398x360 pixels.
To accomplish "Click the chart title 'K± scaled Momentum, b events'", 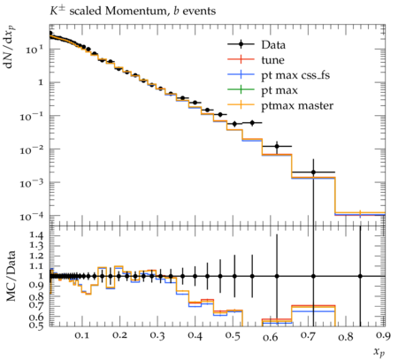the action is tap(133, 11).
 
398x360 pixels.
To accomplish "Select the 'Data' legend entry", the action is tap(273, 45).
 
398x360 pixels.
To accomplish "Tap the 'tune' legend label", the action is tap(272, 60).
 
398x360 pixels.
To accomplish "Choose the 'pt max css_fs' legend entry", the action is tap(295, 75).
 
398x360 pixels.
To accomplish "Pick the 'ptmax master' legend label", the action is tap(297, 106).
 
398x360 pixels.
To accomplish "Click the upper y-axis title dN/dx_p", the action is tap(10, 47).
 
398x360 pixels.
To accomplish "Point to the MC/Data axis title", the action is tap(11, 276).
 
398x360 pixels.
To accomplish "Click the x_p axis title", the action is tap(379, 351).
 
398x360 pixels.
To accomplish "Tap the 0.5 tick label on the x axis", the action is tap(233, 335).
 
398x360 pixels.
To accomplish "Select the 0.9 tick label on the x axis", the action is tap(383, 335).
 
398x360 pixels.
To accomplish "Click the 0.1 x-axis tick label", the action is tap(81, 335).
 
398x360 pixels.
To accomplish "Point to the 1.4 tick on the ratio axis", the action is tap(36, 235).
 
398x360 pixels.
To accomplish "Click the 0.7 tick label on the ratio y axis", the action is tap(36, 306).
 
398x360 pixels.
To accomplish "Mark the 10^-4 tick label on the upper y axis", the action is tap(31, 217).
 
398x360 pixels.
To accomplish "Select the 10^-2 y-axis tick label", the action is tap(31, 150).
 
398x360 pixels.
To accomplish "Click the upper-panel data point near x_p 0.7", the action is tap(313, 172).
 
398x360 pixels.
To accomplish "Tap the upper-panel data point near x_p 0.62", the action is tap(277, 146).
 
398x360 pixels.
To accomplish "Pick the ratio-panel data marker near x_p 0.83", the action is tap(360, 276).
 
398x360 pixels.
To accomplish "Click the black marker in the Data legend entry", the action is tap(241, 44).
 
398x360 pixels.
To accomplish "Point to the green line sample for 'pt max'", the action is tap(241, 90).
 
